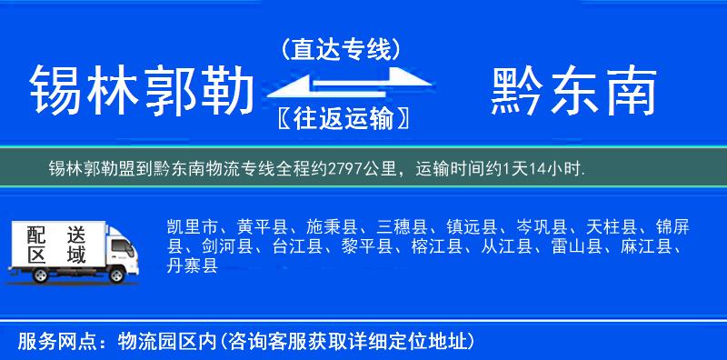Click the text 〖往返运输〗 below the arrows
[341, 118]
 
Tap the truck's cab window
[118, 243]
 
